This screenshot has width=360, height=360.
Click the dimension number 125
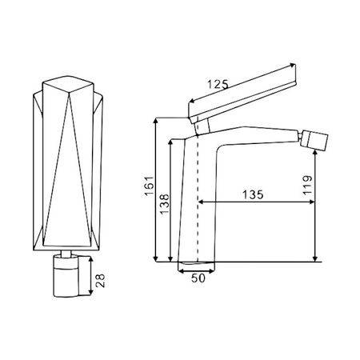click(x=218, y=85)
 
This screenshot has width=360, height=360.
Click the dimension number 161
click(x=149, y=186)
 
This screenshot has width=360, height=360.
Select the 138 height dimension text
click(x=165, y=204)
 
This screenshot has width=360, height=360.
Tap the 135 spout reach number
click(x=253, y=194)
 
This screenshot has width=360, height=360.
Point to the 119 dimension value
click(x=307, y=186)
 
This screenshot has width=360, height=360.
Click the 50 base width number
click(x=198, y=278)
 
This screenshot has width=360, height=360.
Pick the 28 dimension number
click(x=100, y=281)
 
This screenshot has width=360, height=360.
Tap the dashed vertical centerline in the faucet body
click(x=198, y=198)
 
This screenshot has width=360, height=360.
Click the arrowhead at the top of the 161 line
click(x=156, y=121)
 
